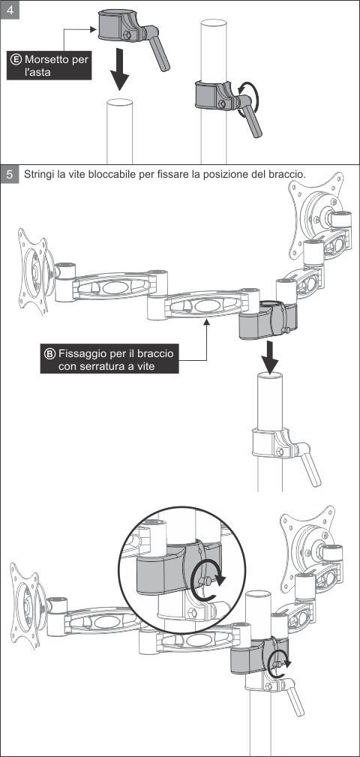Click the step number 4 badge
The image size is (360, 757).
[10, 11]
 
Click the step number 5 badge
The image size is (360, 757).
[10, 174]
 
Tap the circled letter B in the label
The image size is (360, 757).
[50, 353]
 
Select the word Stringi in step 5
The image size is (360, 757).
[39, 174]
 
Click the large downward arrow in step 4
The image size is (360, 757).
[118, 68]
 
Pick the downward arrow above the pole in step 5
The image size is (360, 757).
[271, 357]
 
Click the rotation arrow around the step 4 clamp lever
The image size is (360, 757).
[250, 98]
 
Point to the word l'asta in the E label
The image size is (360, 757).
[37, 73]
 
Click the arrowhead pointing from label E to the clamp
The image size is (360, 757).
[94, 29]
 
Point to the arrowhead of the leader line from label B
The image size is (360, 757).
[206, 323]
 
